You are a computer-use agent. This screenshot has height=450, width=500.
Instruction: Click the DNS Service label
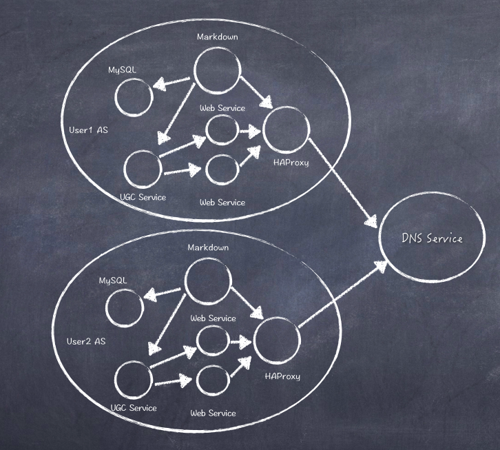(x=432, y=238)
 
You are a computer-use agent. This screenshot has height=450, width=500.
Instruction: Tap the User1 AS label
(x=88, y=130)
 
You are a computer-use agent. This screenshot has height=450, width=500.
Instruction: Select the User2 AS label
(x=86, y=342)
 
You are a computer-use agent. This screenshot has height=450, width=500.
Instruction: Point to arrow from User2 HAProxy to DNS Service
(x=342, y=294)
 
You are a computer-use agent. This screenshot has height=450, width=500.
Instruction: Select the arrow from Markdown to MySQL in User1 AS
(x=171, y=82)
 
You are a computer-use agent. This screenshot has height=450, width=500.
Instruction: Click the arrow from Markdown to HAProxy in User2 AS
(x=247, y=303)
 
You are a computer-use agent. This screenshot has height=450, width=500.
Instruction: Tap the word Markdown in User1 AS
(x=217, y=37)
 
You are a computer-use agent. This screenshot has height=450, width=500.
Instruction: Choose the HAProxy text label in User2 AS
(x=282, y=376)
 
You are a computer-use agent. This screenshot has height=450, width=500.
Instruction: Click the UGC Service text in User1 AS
(x=143, y=197)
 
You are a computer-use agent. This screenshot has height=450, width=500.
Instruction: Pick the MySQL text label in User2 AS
(x=113, y=280)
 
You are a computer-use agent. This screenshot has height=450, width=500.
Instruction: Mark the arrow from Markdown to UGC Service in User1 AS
(x=176, y=113)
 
